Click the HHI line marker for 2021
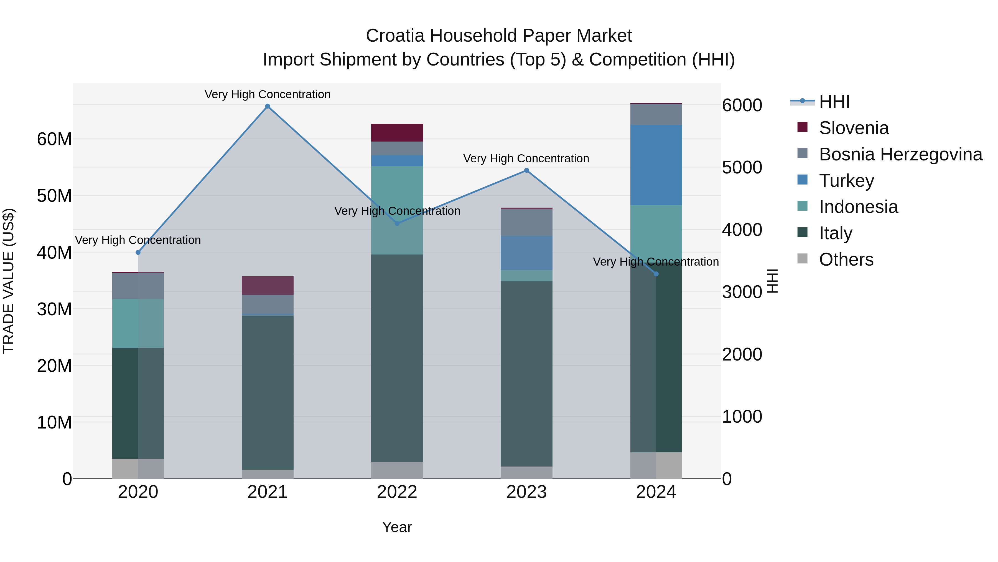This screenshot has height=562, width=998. pyautogui.click(x=267, y=106)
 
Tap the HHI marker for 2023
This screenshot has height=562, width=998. pyautogui.click(x=526, y=170)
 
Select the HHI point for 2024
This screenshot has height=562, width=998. pyautogui.click(x=656, y=274)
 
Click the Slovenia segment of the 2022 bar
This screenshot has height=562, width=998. pyautogui.click(x=397, y=133)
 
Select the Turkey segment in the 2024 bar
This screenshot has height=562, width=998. pyautogui.click(x=656, y=165)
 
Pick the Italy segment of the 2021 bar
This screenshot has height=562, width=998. pyautogui.click(x=267, y=392)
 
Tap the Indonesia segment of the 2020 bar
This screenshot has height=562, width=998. pyautogui.click(x=138, y=323)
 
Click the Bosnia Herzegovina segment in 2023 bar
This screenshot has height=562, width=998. pyautogui.click(x=526, y=223)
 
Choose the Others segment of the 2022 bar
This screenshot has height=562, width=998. pyautogui.click(x=397, y=470)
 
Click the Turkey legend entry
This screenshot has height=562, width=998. pyautogui.click(x=847, y=181)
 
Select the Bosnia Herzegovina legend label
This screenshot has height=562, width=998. pyautogui.click(x=900, y=154)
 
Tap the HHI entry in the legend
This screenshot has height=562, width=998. pyautogui.click(x=834, y=102)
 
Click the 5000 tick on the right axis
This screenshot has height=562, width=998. pyautogui.click(x=742, y=168)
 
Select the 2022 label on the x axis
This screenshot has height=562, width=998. pyautogui.click(x=397, y=492)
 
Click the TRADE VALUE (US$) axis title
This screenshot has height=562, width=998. pyautogui.click(x=9, y=281)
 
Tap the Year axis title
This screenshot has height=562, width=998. pyautogui.click(x=397, y=527)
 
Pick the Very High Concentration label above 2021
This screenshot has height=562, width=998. pyautogui.click(x=267, y=94)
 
